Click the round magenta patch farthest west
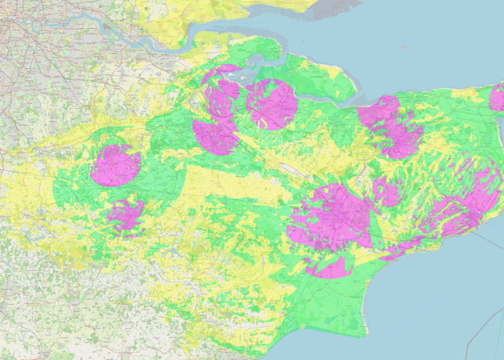(115, 166)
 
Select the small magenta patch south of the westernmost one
(125, 214)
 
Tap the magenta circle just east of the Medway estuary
(271, 104)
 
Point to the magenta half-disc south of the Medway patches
(215, 137)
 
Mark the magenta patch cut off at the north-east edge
(497, 97)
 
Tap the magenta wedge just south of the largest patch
(330, 269)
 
